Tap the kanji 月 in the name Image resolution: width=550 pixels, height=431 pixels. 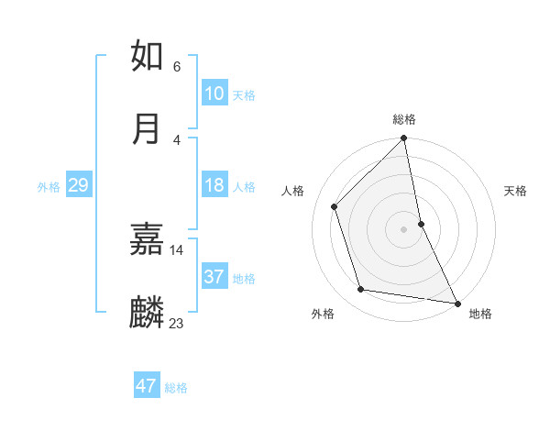point(148,128)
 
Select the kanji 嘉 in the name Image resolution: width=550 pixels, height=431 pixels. point(148,239)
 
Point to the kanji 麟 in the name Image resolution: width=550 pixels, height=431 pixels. point(148,313)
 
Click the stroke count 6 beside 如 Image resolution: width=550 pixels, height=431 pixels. point(176,66)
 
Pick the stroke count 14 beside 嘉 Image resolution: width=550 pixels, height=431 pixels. point(176,249)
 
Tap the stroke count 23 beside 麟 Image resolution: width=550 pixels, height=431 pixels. point(176,323)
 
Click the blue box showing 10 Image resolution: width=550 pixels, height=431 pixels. point(214,94)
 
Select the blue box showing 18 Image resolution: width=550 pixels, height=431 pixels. point(214,185)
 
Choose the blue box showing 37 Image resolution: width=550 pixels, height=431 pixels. point(214,277)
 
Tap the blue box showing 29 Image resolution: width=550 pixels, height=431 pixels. point(78,185)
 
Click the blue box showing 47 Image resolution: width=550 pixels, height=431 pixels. point(147,386)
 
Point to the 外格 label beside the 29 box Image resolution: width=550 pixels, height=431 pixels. point(49,187)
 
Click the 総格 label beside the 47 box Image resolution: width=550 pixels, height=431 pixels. point(176,388)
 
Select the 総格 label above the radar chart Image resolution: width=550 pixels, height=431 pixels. point(404,119)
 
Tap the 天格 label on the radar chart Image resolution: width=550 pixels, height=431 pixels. point(516,191)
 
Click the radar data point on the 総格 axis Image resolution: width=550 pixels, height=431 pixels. point(404,139)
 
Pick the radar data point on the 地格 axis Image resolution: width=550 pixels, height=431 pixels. point(456,303)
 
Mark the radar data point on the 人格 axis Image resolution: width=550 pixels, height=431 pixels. point(335,206)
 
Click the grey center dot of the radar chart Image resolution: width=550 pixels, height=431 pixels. point(404,229)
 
